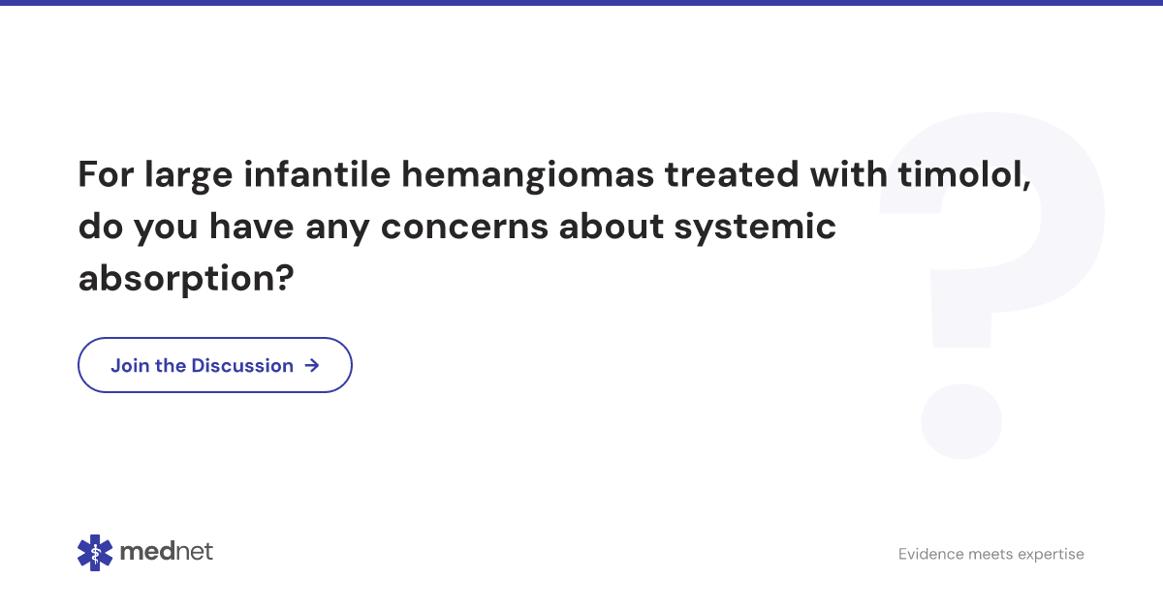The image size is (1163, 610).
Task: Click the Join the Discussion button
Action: [214, 365]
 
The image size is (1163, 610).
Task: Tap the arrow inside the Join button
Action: [311, 365]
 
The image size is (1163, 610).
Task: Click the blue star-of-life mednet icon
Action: [95, 552]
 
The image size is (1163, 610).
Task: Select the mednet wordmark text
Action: [167, 552]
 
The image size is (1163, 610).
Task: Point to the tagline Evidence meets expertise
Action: [990, 554]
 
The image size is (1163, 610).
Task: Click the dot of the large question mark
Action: [960, 421]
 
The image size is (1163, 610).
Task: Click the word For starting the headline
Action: [106, 175]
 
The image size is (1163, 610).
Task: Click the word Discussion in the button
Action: [242, 365]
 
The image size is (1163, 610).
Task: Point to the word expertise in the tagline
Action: [1050, 554]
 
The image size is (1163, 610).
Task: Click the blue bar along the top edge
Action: [581, 3]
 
